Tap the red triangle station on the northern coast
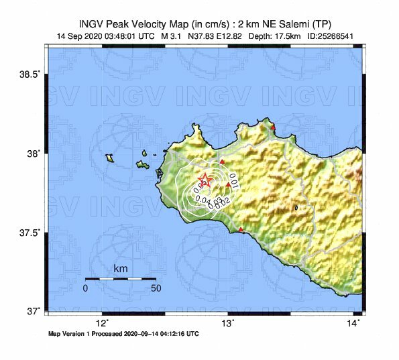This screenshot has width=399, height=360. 273,127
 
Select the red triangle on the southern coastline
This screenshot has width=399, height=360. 241,231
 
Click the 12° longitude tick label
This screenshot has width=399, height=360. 103,323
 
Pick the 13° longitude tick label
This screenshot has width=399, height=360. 228,323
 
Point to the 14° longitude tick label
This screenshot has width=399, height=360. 353,323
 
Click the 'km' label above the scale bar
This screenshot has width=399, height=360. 121,269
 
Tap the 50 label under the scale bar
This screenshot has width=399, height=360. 156,288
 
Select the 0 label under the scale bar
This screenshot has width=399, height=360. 85,288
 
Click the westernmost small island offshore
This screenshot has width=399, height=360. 109,158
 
